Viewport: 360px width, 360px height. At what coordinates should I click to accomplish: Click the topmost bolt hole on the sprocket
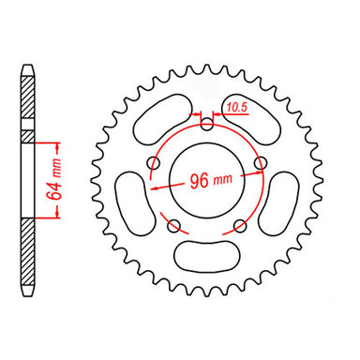(207, 123)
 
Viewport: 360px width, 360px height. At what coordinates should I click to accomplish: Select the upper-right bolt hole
(262, 162)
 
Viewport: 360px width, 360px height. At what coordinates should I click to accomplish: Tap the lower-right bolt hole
(241, 225)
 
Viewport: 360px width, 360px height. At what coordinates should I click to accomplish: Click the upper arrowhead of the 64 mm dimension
(58, 144)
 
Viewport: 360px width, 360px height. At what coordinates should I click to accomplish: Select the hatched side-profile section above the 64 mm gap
(29, 103)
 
